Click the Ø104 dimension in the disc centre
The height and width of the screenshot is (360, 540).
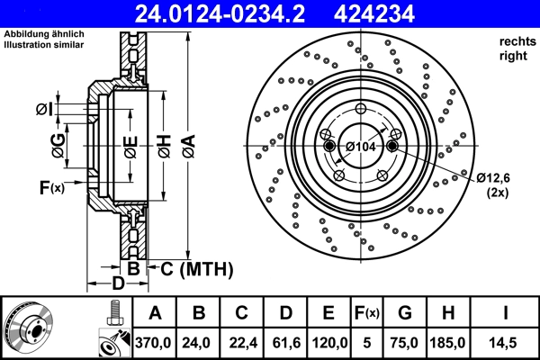pos(360,147)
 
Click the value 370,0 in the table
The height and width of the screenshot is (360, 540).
pos(154,343)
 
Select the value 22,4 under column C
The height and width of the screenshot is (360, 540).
pos(241,343)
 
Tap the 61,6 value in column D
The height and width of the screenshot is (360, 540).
pos(284,343)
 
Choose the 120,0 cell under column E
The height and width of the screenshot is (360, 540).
pos(328,343)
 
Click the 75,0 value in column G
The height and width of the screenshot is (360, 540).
pos(404,343)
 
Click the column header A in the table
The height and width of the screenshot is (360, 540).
pos(154,313)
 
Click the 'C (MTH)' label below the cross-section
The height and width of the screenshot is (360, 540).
pos(196,268)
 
